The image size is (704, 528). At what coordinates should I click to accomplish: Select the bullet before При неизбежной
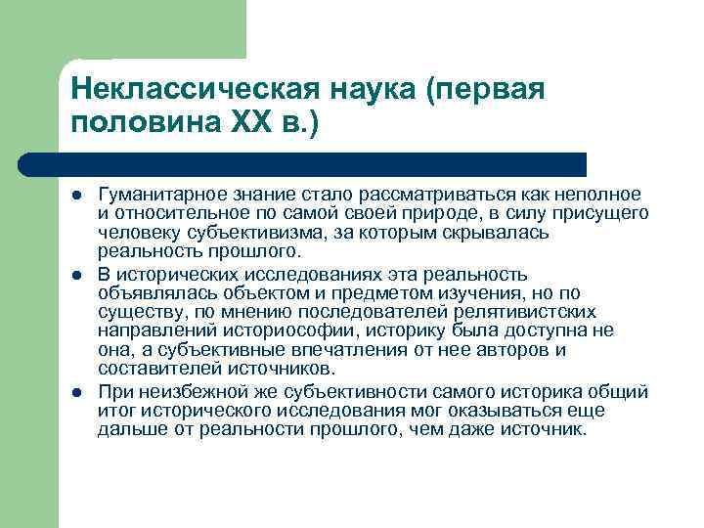tap(77, 392)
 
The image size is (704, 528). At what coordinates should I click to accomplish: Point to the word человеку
tap(132, 232)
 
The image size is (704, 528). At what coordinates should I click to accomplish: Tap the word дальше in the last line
tap(126, 428)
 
